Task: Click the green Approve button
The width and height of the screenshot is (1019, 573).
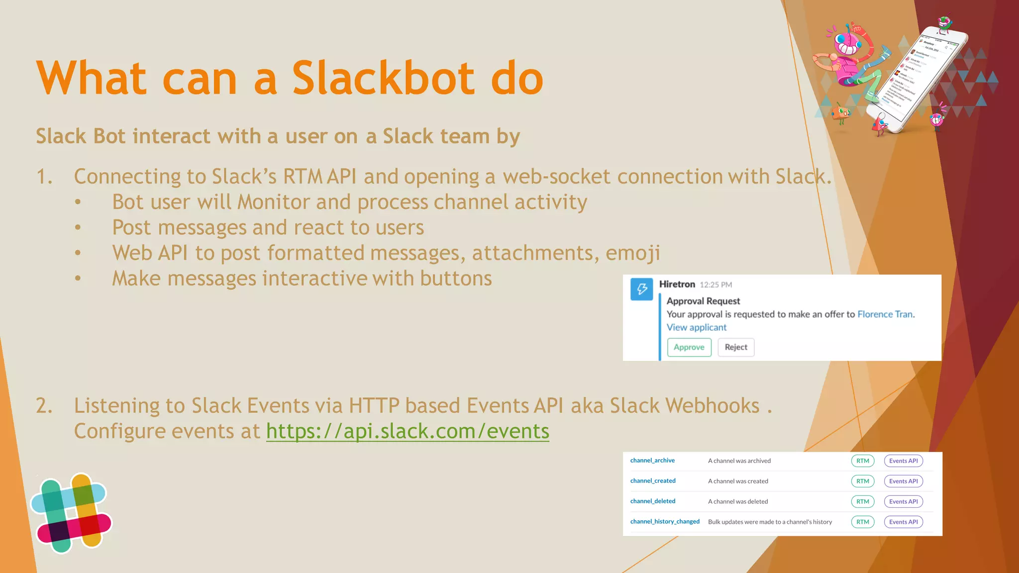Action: tap(689, 347)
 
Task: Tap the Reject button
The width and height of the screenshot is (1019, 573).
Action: tap(736, 347)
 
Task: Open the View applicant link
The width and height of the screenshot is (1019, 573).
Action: tap(696, 327)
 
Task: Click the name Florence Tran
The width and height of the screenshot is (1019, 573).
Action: tap(885, 314)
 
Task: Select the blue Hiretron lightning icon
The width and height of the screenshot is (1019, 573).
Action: tap(641, 289)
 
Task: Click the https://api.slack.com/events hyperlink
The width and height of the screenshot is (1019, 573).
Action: tap(408, 431)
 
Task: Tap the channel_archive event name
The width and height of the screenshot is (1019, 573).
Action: tap(652, 461)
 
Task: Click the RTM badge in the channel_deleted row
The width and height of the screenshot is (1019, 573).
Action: tap(862, 501)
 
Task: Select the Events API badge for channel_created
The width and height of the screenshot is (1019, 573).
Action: tap(903, 481)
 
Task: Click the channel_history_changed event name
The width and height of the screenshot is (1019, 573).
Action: tap(665, 522)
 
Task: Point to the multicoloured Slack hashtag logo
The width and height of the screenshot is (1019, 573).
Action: tap(72, 513)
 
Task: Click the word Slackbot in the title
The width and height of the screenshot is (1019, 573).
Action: tap(383, 78)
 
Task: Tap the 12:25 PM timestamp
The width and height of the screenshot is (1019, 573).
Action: tap(715, 285)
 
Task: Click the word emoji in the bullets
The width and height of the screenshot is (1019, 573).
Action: tap(632, 253)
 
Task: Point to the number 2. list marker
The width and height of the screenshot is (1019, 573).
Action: tap(44, 406)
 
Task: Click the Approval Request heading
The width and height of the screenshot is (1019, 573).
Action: tap(703, 301)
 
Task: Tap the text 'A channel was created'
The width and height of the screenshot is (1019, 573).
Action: tap(738, 481)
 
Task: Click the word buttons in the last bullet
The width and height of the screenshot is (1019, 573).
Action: tap(456, 279)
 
